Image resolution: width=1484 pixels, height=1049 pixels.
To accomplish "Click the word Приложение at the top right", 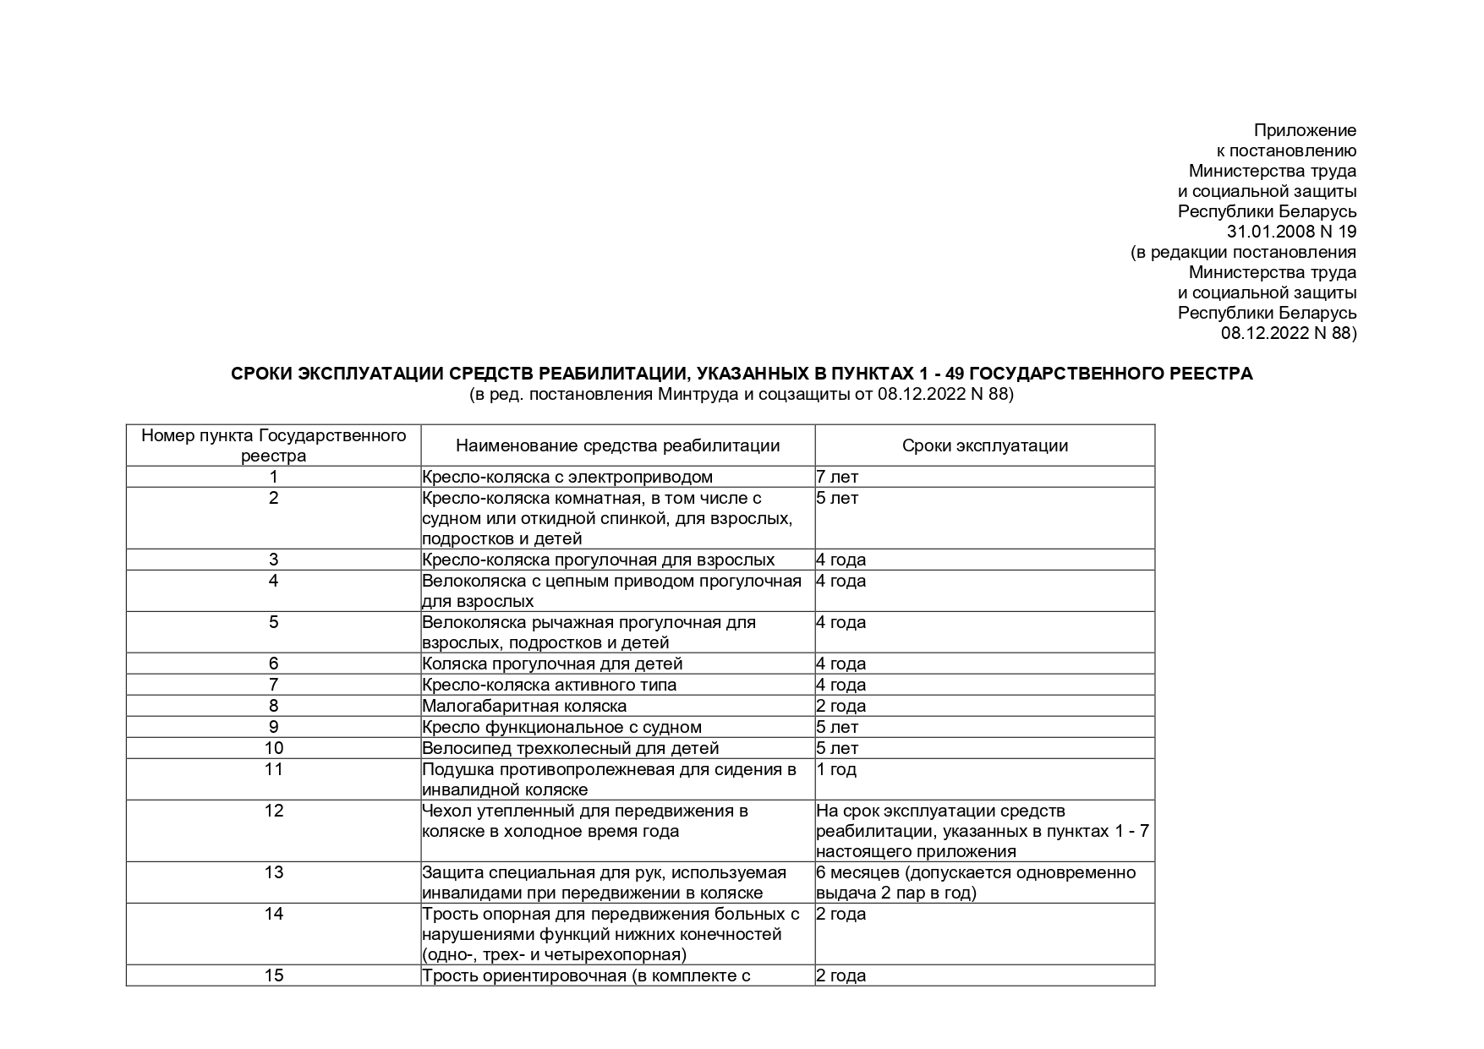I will [x=1305, y=130].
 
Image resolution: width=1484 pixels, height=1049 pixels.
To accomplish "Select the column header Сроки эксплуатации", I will [x=984, y=445].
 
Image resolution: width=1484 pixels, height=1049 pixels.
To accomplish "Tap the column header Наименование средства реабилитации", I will [x=617, y=445].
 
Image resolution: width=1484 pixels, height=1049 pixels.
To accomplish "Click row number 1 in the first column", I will [x=273, y=477].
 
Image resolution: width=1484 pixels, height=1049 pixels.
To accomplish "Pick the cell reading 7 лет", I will [x=837, y=477].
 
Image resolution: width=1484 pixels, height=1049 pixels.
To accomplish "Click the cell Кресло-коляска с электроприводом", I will [x=567, y=477].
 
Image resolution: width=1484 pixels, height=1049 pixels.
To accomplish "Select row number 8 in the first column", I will [x=273, y=706].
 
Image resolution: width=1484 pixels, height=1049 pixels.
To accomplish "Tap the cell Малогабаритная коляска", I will [x=524, y=706].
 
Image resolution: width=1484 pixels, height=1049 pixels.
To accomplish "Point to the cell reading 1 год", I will [x=836, y=769].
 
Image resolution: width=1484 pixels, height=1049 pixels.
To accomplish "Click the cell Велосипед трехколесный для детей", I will [x=570, y=748].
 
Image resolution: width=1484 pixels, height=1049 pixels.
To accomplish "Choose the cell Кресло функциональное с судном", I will [x=561, y=727].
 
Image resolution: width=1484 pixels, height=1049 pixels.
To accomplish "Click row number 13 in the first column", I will [x=273, y=872].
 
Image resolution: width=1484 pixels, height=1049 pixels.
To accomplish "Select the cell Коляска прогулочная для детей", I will [x=552, y=664].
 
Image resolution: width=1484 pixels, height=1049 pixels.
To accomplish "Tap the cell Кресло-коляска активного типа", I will [x=549, y=685].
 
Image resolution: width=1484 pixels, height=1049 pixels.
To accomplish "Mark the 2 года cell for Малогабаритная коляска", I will [x=841, y=706].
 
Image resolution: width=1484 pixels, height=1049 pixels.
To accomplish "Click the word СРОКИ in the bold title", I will [x=261, y=374].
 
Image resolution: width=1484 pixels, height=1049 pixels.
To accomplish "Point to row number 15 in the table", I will [x=273, y=975].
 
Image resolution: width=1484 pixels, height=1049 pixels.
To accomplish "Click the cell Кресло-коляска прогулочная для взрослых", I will [x=598, y=560].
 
